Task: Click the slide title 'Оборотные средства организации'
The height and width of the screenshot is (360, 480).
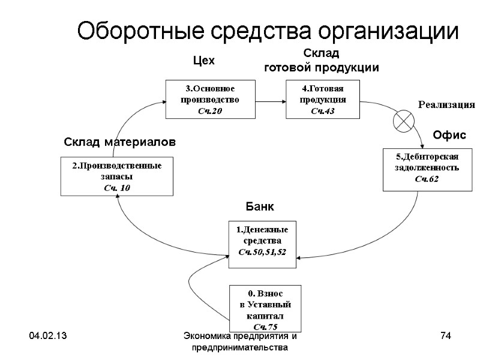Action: [268, 31]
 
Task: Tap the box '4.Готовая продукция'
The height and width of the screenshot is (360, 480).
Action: [322, 100]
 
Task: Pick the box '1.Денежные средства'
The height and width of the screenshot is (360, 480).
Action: [262, 240]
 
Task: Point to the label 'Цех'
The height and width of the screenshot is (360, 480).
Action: [203, 61]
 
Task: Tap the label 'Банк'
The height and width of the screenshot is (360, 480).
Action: [260, 207]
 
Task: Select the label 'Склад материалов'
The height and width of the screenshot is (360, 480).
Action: [119, 143]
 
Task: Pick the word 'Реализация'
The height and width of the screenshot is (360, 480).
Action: [446, 104]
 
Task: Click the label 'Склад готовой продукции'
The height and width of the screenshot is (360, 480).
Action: [322, 62]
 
